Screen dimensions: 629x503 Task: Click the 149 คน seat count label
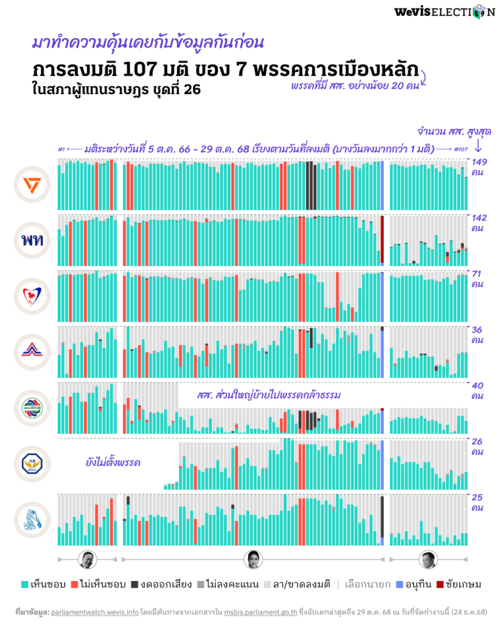click(478, 168)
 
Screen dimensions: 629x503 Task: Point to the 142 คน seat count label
click(478, 223)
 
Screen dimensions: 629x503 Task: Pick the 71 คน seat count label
click(478, 279)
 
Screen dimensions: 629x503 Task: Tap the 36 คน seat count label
click(478, 335)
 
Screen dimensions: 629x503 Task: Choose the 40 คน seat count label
click(478, 391)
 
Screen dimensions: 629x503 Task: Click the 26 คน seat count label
click(478, 447)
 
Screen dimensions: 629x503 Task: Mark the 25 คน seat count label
click(478, 502)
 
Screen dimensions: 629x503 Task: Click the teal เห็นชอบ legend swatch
click(25, 584)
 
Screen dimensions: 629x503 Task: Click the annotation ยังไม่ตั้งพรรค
click(113, 462)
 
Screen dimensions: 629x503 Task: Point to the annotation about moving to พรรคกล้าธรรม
click(268, 394)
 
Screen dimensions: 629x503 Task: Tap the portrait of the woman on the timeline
click(254, 559)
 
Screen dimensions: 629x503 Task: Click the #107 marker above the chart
click(461, 149)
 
